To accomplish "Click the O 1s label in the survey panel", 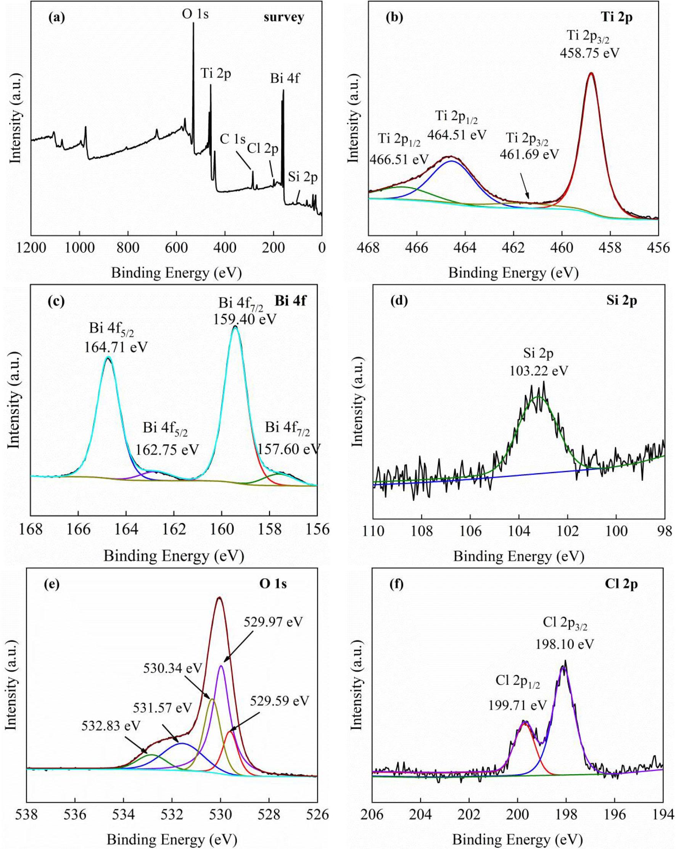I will click(195, 15).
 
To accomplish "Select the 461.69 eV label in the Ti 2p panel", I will click(529, 154).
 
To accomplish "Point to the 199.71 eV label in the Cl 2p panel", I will click(518, 705).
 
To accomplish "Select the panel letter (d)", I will click(399, 301).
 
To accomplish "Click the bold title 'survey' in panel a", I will click(284, 18).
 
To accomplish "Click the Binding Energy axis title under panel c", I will click(174, 556).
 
